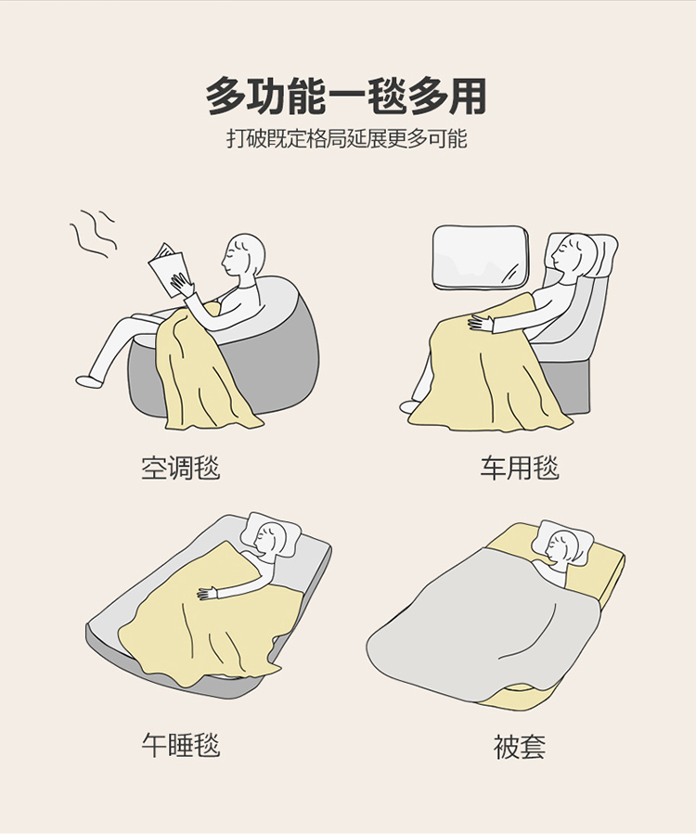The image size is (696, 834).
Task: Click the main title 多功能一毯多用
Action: click(346, 96)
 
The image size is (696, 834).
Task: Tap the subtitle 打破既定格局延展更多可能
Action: click(347, 139)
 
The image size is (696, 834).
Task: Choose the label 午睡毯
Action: click(181, 745)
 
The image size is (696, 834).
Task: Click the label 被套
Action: click(520, 747)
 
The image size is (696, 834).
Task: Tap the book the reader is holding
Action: click(168, 269)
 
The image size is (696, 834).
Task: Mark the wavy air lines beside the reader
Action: click(93, 234)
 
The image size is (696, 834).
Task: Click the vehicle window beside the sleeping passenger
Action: click(481, 258)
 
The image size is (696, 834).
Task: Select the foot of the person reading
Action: click(89, 381)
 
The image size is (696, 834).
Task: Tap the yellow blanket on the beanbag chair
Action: click(205, 367)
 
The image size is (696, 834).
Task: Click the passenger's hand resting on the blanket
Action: click(481, 322)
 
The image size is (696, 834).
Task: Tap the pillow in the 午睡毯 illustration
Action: click(271, 534)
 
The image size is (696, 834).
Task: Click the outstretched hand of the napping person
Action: click(209, 594)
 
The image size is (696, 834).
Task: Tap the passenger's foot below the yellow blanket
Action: click(410, 407)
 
